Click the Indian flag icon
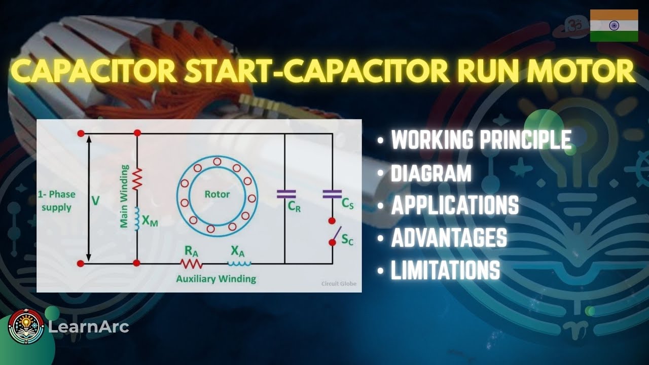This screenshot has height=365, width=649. [614, 25]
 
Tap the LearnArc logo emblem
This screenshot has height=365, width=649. [25, 327]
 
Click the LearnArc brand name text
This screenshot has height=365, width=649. [88, 327]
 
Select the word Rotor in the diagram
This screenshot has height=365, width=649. [217, 194]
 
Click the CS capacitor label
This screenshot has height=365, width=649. [347, 204]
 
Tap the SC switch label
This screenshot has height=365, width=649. [347, 240]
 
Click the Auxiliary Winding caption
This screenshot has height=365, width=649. [216, 279]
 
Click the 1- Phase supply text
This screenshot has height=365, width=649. [56, 201]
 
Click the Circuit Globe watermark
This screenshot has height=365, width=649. [339, 284]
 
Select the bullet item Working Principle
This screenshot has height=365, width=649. [481, 140]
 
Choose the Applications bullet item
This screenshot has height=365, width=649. [454, 205]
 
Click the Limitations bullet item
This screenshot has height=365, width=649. [445, 270]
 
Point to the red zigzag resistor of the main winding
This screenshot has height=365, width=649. [136, 179]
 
